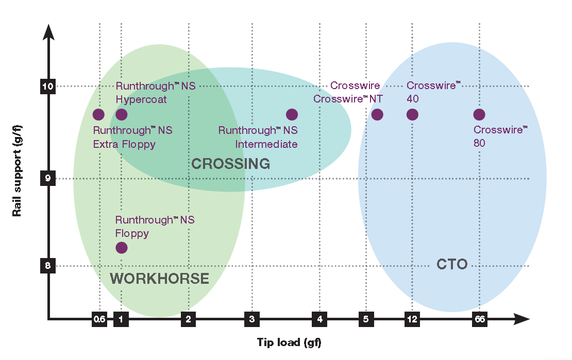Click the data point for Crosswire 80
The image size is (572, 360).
(479, 114)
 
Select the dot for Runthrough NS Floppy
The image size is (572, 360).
(121, 247)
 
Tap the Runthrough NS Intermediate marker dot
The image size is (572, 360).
(292, 114)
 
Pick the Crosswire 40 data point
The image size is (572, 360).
(412, 114)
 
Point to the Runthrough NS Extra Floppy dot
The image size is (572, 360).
(98, 114)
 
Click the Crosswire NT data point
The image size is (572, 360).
(377, 114)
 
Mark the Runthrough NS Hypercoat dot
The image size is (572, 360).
(121, 114)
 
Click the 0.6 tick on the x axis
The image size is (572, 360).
(99, 319)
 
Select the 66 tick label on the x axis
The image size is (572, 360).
(479, 319)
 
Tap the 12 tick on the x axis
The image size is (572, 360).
(412, 319)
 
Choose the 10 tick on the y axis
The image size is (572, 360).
(48, 86)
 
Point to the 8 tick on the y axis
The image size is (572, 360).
(48, 266)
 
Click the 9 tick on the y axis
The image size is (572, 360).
(48, 178)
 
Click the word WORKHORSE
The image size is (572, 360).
(160, 279)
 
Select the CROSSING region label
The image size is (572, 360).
(231, 164)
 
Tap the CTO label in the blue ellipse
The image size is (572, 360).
(452, 265)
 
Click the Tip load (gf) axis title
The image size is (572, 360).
(289, 342)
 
